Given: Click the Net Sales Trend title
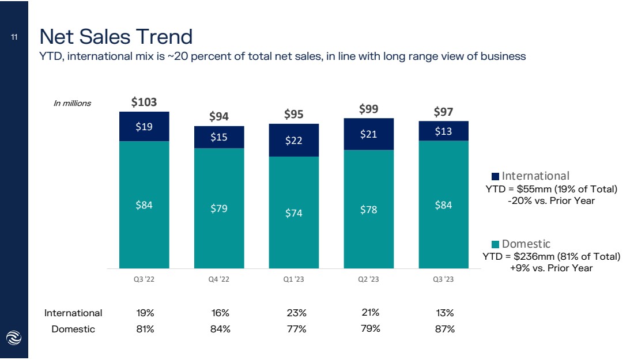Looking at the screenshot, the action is [x=116, y=36].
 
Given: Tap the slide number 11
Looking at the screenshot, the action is [x=14, y=37].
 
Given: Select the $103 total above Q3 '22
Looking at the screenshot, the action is [x=144, y=102].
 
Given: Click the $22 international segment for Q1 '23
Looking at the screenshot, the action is [x=293, y=140].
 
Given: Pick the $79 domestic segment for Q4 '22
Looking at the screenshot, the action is [x=219, y=208].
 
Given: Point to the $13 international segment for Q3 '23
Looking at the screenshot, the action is [x=443, y=131].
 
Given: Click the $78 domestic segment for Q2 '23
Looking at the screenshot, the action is [x=368, y=209].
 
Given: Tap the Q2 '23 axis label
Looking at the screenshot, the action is [x=368, y=279].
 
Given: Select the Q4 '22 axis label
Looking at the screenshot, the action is [x=219, y=279].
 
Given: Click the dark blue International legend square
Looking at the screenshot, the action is [x=495, y=177].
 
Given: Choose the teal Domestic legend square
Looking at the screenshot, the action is [x=495, y=244].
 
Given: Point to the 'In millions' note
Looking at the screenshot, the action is [x=73, y=104].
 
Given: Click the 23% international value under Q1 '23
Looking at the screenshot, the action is [x=297, y=313].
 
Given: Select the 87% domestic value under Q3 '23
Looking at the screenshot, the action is [x=445, y=329].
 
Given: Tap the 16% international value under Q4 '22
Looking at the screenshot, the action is [x=220, y=313].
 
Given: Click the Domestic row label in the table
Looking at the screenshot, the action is [x=73, y=329].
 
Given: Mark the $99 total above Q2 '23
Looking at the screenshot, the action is [x=368, y=109].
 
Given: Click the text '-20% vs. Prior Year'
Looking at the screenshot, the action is [x=551, y=201].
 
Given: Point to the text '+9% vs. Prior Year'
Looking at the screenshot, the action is [x=551, y=268].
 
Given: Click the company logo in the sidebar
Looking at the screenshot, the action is [x=14, y=338].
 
